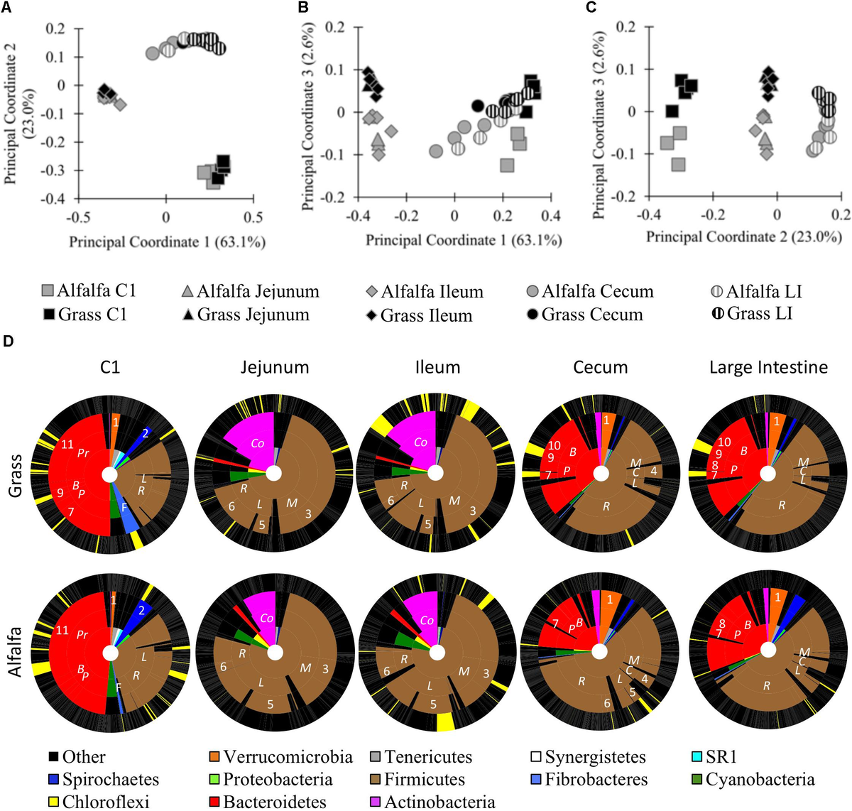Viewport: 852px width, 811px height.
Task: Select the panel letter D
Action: click(x=8, y=342)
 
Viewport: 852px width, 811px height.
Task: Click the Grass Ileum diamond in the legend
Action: click(x=371, y=315)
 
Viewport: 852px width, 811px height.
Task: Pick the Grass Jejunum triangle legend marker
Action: click(x=188, y=315)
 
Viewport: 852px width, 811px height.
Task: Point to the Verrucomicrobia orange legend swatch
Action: click(x=214, y=757)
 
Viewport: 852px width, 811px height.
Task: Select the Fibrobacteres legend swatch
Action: click(x=536, y=780)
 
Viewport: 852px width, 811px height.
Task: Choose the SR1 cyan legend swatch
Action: click(x=697, y=757)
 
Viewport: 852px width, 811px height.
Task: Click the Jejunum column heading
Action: click(x=274, y=367)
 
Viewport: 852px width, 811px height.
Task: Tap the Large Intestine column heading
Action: click(x=768, y=367)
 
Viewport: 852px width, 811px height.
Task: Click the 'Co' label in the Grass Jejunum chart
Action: click(x=257, y=443)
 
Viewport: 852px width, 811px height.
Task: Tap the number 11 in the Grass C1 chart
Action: click(x=67, y=445)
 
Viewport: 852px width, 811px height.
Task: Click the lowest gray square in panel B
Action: click(x=506, y=165)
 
